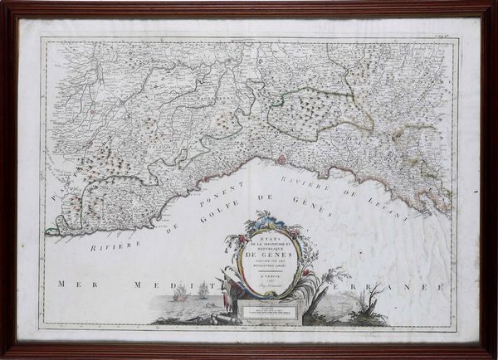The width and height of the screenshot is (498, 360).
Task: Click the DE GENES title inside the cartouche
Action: pyautogui.click(x=268, y=258)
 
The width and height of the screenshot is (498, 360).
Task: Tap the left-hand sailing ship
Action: pyautogui.click(x=180, y=292)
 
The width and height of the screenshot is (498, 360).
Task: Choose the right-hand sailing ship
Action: pyautogui.click(x=202, y=289)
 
